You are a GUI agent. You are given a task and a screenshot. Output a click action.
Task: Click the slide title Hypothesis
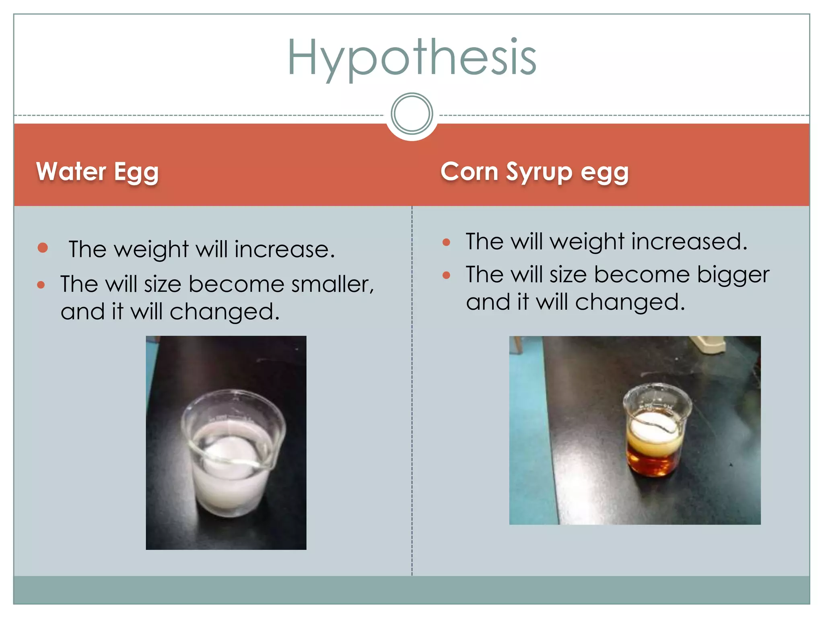coord(412,58)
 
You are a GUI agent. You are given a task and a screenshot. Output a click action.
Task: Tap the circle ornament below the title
coord(412,113)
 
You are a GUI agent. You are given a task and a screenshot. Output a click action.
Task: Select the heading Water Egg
coord(97,172)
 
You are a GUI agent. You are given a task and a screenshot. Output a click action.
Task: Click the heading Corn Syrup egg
coord(534,172)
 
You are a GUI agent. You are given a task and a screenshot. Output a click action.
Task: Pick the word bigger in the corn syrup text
coord(733,275)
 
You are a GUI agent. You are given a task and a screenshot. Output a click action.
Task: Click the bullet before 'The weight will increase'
coord(43,247)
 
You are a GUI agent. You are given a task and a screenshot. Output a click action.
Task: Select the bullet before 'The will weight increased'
coord(446,242)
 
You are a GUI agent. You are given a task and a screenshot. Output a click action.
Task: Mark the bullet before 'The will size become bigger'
coord(446,275)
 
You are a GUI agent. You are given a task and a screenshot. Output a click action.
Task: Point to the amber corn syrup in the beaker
coord(654,463)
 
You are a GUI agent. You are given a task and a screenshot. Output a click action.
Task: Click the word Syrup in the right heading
coord(539,172)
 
